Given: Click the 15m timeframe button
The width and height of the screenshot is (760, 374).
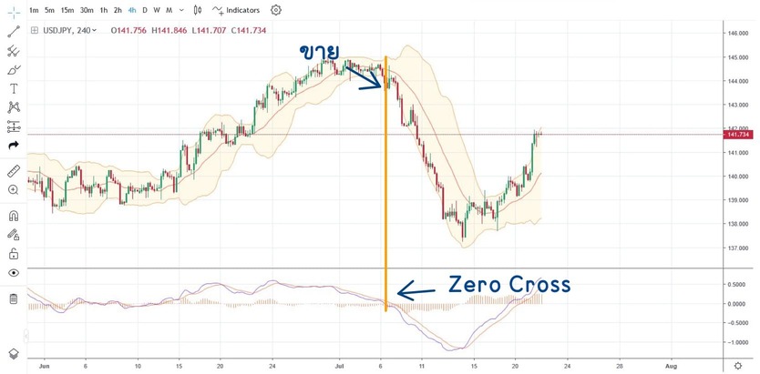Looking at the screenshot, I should [x=67, y=10].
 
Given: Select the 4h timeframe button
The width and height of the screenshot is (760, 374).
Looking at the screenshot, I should [x=132, y=10].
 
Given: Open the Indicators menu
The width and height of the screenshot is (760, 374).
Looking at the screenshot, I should [x=236, y=10].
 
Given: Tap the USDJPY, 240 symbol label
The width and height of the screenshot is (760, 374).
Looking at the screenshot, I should [x=71, y=29].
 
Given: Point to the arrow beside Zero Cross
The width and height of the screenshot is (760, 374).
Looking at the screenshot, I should [x=417, y=291].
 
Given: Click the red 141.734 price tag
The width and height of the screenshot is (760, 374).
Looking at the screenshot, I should [x=737, y=135].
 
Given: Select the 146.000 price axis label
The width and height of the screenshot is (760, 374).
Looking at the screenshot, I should [x=737, y=34].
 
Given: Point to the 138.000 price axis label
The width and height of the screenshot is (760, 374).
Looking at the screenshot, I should [x=737, y=224].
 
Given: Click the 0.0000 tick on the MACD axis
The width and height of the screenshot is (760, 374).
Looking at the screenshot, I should [x=737, y=304].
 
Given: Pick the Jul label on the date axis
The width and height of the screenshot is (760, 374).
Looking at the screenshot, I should [x=340, y=365].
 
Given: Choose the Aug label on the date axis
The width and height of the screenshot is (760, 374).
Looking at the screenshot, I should [x=671, y=365].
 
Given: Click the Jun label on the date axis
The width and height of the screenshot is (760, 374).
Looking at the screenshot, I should [x=44, y=365].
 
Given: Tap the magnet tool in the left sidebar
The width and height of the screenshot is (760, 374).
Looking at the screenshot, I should [x=14, y=216].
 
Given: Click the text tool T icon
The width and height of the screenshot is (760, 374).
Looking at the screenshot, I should [x=14, y=88].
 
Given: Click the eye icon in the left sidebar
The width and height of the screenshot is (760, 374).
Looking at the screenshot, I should [x=14, y=272].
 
